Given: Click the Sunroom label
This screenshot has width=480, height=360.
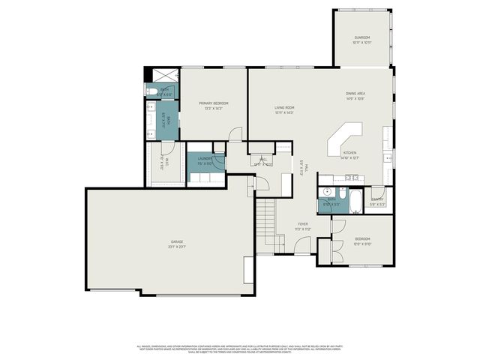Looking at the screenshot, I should [x=361, y=39].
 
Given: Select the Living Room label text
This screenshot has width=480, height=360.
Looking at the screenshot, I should [x=283, y=109].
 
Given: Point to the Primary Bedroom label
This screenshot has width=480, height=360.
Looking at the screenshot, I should [x=213, y=104].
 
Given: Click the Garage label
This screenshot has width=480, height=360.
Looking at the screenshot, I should [x=176, y=243].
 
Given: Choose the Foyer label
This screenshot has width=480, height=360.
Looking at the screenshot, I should [x=302, y=225].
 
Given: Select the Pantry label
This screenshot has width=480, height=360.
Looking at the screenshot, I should [x=377, y=200].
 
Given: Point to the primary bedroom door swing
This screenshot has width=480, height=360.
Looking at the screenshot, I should [x=235, y=134].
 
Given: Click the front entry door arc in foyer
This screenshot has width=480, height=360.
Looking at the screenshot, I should [x=302, y=245].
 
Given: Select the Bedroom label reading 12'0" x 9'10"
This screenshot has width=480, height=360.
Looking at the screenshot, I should [x=362, y=241].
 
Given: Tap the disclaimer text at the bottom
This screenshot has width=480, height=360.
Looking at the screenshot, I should [x=240, y=349].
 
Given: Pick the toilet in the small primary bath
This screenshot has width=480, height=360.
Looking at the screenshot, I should [x=151, y=91].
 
